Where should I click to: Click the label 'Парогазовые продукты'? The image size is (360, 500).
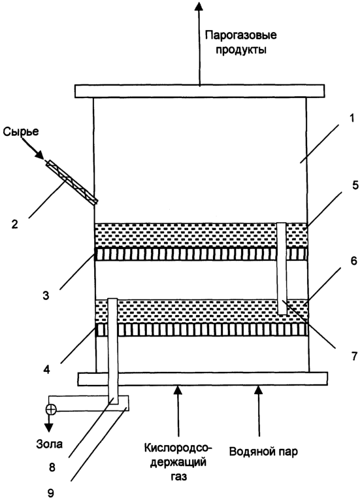[x=240, y=42]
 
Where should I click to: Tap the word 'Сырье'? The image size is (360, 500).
[x=21, y=131]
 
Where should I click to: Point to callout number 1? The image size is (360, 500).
[x=352, y=118]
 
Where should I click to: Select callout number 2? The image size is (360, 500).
[x=14, y=224]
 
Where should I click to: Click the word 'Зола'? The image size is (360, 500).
[x=49, y=444]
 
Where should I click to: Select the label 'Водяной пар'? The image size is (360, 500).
[x=263, y=452]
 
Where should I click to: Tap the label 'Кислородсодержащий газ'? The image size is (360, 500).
[x=178, y=462]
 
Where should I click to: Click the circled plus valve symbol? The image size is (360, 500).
[x=51, y=409]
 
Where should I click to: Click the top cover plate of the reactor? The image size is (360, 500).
[x=200, y=91]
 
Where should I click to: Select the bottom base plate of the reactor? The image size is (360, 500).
[x=203, y=379]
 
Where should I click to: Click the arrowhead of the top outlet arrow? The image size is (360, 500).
[x=199, y=7]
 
